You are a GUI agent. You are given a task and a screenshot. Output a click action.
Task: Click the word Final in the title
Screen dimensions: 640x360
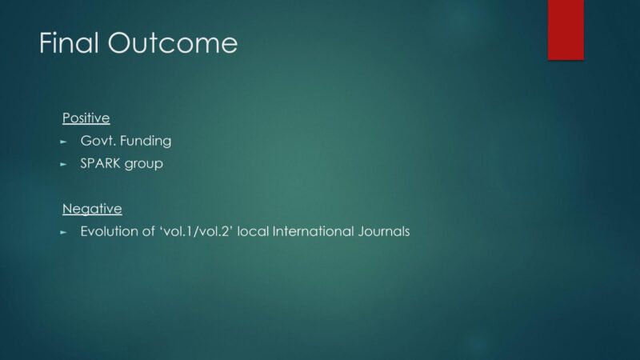tap(69, 43)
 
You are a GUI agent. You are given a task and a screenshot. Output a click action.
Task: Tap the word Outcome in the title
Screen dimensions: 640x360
tap(173, 43)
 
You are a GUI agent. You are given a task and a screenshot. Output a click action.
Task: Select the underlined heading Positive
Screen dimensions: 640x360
tap(86, 118)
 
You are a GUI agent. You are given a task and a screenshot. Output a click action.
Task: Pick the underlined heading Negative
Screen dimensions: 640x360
tap(92, 209)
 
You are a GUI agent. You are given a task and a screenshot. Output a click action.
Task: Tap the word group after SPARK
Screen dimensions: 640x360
tap(144, 165)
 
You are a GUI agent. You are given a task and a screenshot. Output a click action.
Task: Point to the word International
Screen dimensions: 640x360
tap(313, 231)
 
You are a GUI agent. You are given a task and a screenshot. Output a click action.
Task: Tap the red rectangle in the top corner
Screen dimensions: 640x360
tap(566, 30)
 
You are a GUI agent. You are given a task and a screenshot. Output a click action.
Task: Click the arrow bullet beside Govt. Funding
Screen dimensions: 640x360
tap(63, 142)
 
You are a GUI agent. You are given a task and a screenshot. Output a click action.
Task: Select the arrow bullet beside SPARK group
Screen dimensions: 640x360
tap(63, 165)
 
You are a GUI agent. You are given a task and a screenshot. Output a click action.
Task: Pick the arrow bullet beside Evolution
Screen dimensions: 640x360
tap(63, 232)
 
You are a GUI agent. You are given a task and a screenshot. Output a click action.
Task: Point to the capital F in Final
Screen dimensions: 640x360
tap(46, 43)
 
